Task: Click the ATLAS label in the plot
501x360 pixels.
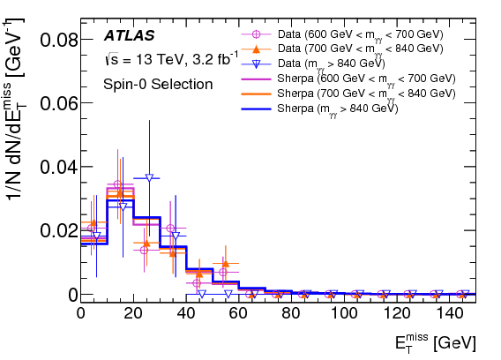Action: (129, 36)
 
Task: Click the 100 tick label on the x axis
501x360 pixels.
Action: (344, 312)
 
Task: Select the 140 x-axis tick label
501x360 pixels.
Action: (449, 312)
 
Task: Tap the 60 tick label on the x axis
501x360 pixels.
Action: (239, 312)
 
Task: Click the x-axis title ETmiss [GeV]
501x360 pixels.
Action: (438, 341)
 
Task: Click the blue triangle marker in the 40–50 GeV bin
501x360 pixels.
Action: (201, 293)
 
